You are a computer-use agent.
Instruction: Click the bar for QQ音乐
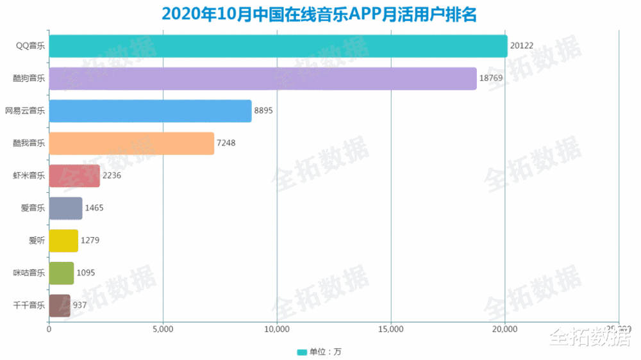(x=278, y=46)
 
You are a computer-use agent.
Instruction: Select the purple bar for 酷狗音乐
(x=263, y=79)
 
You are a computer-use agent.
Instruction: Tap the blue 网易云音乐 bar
(x=150, y=111)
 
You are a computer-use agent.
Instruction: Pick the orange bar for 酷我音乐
(x=131, y=143)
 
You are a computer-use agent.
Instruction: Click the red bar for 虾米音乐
(x=74, y=176)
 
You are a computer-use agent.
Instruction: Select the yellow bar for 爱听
(x=63, y=241)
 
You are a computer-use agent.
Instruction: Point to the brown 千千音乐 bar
(x=60, y=306)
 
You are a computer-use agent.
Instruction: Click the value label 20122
(x=522, y=46)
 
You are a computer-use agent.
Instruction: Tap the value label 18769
(x=491, y=79)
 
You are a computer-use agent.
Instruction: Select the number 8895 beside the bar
(x=264, y=111)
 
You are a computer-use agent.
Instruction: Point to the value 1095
(x=87, y=273)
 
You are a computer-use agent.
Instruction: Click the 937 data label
(x=79, y=306)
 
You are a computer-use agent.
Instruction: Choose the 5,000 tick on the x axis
(x=163, y=330)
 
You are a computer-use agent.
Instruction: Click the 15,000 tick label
(x=391, y=330)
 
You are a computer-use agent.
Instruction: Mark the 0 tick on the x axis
(x=49, y=330)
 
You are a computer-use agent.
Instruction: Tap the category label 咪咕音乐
(x=29, y=273)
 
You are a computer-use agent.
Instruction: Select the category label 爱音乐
(x=33, y=208)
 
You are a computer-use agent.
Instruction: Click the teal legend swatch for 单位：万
(x=302, y=352)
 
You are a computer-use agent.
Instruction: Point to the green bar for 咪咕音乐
(x=62, y=273)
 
